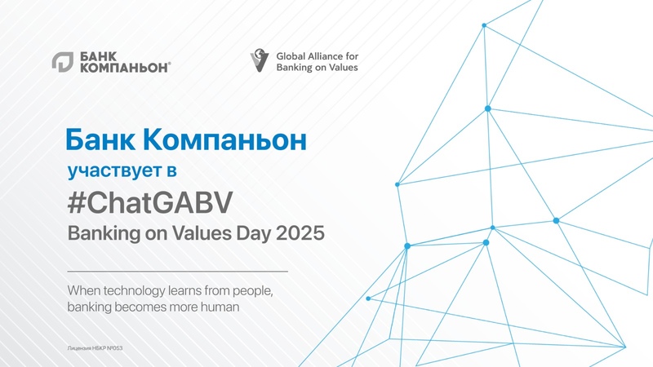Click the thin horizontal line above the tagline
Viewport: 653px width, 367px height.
[176, 270]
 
